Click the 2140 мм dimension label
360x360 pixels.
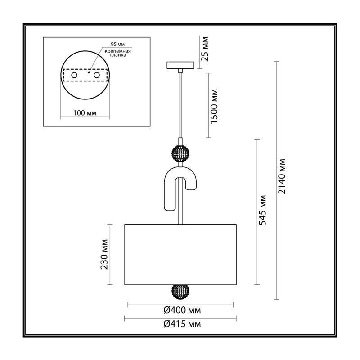[x=282, y=176]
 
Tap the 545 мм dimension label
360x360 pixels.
[x=262, y=210]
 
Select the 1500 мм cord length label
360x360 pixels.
[x=214, y=106]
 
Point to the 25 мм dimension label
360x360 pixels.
[x=205, y=49]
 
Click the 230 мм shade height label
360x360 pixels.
[x=104, y=254]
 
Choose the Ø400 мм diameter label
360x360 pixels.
[x=182, y=310]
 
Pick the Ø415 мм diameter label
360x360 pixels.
[x=182, y=324]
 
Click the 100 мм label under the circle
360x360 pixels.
[x=85, y=113]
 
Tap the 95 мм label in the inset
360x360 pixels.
[x=118, y=44]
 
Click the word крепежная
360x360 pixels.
[x=118, y=51]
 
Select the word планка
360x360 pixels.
[x=118, y=55]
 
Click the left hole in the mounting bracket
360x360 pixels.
[x=74, y=75]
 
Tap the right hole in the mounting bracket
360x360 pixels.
[x=97, y=75]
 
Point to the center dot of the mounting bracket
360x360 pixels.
[x=89, y=72]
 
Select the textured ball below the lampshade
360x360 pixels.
[x=180, y=292]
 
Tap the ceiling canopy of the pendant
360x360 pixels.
[x=180, y=65]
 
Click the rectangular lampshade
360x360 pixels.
[x=180, y=255]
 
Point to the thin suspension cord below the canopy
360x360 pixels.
[x=180, y=105]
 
